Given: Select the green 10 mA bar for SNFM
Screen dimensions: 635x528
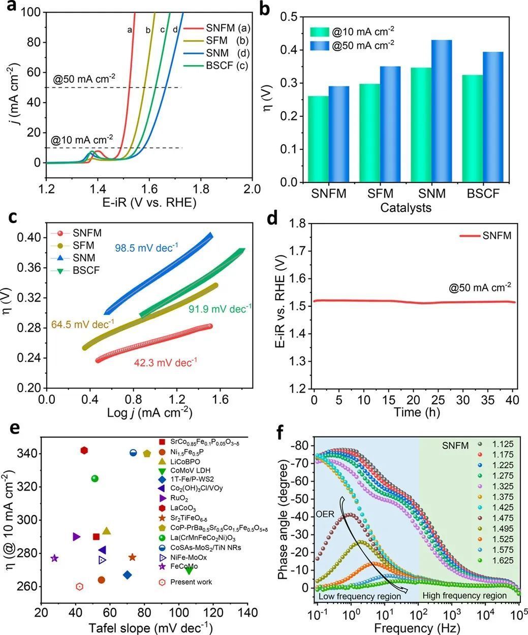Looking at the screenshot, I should [318, 139].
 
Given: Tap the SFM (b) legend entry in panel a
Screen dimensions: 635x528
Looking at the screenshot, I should [227, 40].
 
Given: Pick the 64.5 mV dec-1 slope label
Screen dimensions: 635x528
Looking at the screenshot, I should [83, 324].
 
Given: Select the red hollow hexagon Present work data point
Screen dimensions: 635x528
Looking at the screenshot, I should [79, 586].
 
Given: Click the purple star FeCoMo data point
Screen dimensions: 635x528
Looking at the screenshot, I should [54, 558].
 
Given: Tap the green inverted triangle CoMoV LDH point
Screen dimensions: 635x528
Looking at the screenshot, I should [189, 570].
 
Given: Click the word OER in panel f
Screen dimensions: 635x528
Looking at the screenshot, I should [326, 514].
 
